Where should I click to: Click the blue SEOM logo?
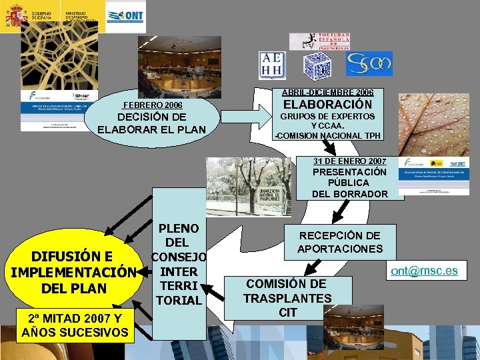click(x=369, y=64)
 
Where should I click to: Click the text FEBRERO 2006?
click(x=153, y=105)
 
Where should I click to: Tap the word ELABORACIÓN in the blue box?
click(x=328, y=105)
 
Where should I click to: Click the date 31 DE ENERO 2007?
click(x=350, y=161)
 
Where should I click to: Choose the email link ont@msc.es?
click(x=433, y=270)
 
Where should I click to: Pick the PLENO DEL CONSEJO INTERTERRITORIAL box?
click(x=179, y=265)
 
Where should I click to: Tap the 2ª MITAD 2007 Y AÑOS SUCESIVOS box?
click(x=75, y=325)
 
